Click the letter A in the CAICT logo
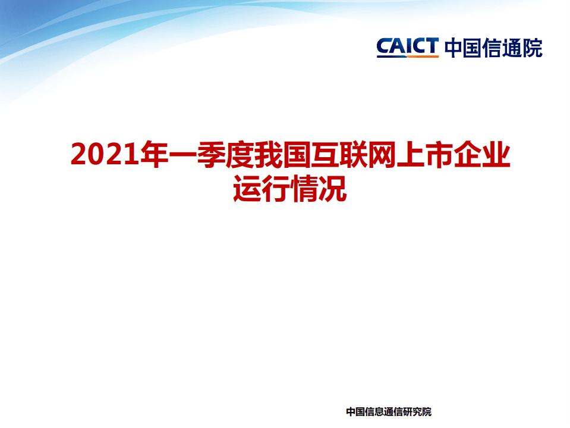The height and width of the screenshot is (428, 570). click(396, 46)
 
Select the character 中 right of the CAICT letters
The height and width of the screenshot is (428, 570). click(454, 47)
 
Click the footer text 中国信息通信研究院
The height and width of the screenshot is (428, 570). click(388, 411)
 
